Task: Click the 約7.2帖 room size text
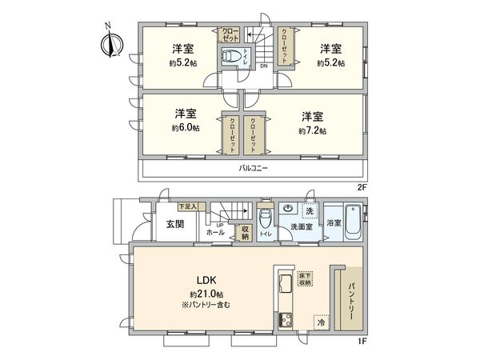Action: [312, 130]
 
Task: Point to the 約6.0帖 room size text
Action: [186, 128]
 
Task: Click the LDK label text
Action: [209, 280]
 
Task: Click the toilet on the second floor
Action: [230, 56]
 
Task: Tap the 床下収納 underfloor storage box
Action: [305, 279]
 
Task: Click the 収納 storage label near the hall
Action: [245, 232]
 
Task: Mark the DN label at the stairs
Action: [263, 67]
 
